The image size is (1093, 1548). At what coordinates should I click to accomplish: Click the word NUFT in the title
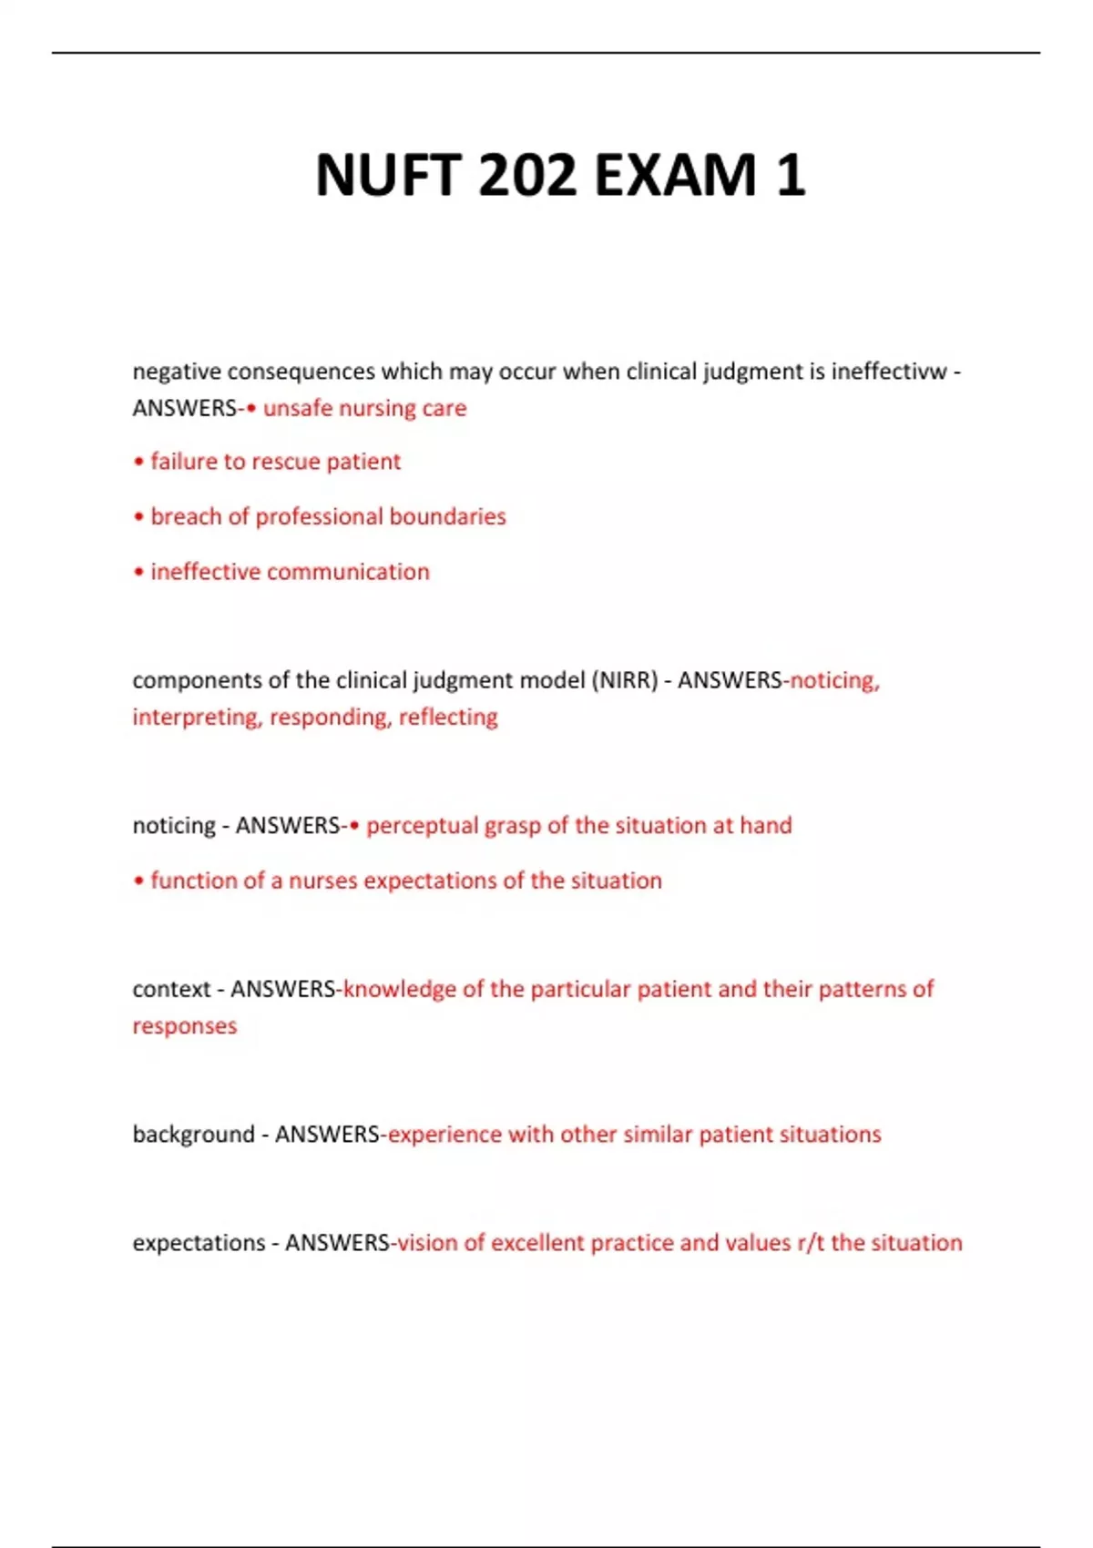[x=388, y=175]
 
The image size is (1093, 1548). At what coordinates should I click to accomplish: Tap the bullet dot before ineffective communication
[x=138, y=573]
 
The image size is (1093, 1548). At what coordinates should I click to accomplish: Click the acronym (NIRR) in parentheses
[x=624, y=680]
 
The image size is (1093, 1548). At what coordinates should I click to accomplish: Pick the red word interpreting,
[x=198, y=718]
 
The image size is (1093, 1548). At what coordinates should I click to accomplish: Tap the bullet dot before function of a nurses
[x=138, y=881]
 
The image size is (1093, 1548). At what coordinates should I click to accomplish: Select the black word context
[x=171, y=989]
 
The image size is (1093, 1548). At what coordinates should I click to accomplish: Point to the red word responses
[x=184, y=1026]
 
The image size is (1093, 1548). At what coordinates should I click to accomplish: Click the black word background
[x=193, y=1135]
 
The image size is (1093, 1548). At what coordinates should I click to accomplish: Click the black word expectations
[x=199, y=1243]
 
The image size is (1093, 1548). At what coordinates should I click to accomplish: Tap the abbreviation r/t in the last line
[x=811, y=1243]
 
